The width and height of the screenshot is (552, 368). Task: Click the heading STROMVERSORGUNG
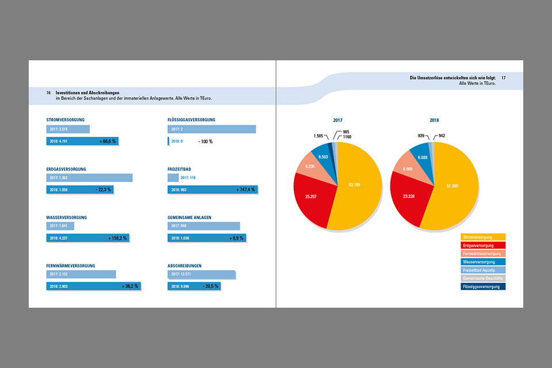66,120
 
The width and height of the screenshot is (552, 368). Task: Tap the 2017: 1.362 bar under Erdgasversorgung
89,178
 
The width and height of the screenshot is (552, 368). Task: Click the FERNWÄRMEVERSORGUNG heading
71,266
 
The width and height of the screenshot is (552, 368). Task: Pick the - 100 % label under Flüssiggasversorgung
205,141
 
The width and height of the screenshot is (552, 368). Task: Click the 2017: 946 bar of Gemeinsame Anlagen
204,226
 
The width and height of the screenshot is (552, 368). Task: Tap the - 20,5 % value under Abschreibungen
210,286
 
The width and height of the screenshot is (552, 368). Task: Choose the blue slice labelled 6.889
423,157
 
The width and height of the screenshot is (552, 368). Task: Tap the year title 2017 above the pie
338,121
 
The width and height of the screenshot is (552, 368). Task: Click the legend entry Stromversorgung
483,237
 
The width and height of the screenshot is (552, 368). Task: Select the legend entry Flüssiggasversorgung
483,286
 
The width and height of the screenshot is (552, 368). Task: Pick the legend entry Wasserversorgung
483,262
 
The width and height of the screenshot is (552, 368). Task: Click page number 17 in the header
503,77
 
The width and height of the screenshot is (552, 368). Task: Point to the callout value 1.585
319,136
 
